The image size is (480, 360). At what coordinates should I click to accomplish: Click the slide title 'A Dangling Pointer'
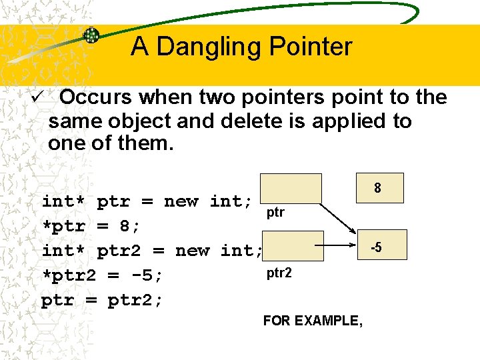(x=241, y=47)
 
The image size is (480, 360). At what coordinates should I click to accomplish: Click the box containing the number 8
(x=377, y=189)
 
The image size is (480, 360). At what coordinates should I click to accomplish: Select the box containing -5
(x=376, y=248)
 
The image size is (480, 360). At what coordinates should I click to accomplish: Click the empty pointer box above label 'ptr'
(x=290, y=188)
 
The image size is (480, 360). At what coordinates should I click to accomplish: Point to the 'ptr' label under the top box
(x=275, y=213)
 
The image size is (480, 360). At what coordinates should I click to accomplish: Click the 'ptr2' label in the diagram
(x=279, y=273)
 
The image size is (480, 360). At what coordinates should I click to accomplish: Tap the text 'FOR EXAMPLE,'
(x=313, y=321)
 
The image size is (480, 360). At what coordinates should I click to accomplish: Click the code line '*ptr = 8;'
(x=91, y=226)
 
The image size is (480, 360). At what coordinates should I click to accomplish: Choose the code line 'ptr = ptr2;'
(x=102, y=300)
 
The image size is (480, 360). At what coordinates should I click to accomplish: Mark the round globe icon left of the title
(x=91, y=35)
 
